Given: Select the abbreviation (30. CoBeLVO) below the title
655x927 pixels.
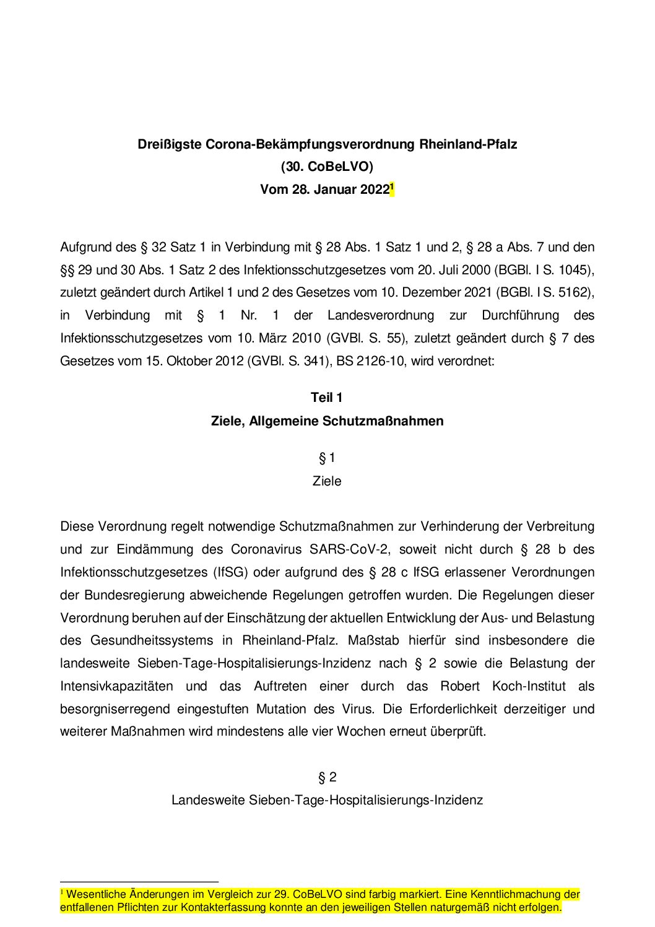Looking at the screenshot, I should [x=327, y=167].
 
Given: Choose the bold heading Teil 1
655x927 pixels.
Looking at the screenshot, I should [x=327, y=398].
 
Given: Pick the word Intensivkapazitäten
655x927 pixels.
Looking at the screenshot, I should [x=116, y=686].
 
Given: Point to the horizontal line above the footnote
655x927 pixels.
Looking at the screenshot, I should [x=139, y=881].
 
